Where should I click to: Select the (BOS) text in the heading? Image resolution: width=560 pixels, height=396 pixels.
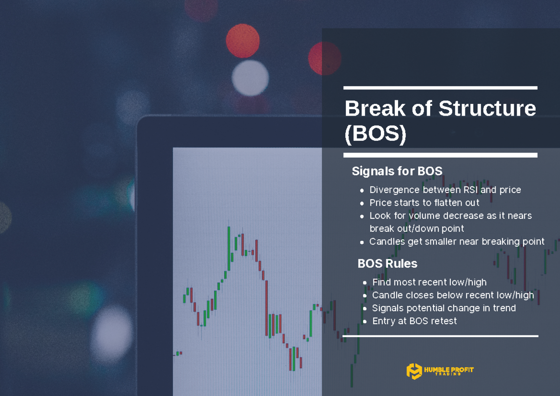tap(375, 134)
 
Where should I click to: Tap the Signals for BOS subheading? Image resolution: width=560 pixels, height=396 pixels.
tap(397, 171)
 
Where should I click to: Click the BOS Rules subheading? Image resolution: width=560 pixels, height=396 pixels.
tap(387, 264)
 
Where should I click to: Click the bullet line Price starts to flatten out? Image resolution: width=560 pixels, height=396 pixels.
tap(424, 203)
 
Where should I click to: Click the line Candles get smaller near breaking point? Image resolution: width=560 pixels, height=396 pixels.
tap(457, 242)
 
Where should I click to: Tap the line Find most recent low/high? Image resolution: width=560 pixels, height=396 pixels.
tap(429, 282)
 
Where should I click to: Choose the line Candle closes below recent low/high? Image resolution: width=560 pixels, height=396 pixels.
tap(453, 295)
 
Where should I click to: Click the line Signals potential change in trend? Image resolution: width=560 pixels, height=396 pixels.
tap(444, 308)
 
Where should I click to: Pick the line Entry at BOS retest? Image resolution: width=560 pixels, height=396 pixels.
tap(414, 321)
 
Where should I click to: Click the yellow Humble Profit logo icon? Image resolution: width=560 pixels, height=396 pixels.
tap(413, 371)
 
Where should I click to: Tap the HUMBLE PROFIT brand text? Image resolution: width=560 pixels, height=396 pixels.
tap(448, 370)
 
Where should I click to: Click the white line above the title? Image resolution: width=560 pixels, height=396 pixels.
tap(440, 88)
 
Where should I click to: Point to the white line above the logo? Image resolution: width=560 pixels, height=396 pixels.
tap(440, 336)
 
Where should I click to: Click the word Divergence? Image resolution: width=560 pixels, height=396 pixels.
tap(394, 190)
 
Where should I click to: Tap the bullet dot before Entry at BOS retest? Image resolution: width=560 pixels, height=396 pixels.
tap(364, 321)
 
